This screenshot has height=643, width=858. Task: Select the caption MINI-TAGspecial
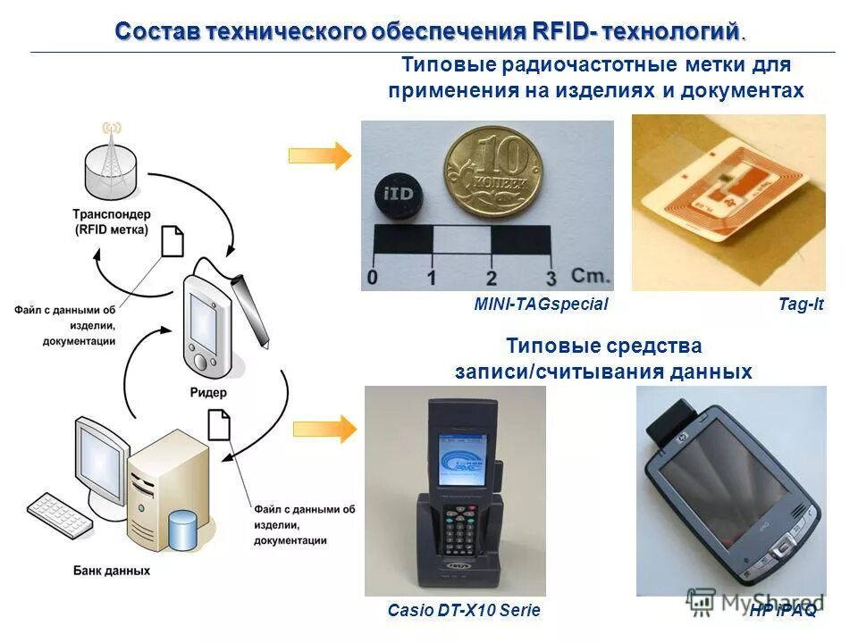click(541, 305)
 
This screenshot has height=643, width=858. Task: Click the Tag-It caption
click(801, 305)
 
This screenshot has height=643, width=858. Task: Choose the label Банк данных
click(111, 570)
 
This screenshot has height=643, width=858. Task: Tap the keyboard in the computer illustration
click(58, 514)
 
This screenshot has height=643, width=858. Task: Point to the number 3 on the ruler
click(551, 278)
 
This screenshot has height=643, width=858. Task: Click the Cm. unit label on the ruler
click(591, 275)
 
